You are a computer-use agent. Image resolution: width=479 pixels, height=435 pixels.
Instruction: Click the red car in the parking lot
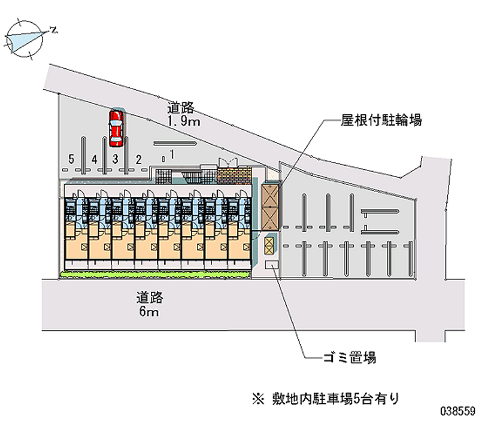coord(116,127)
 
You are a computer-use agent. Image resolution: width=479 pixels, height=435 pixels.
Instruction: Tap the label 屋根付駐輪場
coord(381,120)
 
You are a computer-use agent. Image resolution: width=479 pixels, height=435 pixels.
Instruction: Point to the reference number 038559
coord(457,413)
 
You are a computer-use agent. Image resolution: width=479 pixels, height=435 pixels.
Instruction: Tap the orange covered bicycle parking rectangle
coord(270,206)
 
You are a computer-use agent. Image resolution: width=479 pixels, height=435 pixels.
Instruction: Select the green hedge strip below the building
coord(156,275)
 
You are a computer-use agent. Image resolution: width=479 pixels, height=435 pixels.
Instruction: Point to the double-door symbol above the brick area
coord(229,162)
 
